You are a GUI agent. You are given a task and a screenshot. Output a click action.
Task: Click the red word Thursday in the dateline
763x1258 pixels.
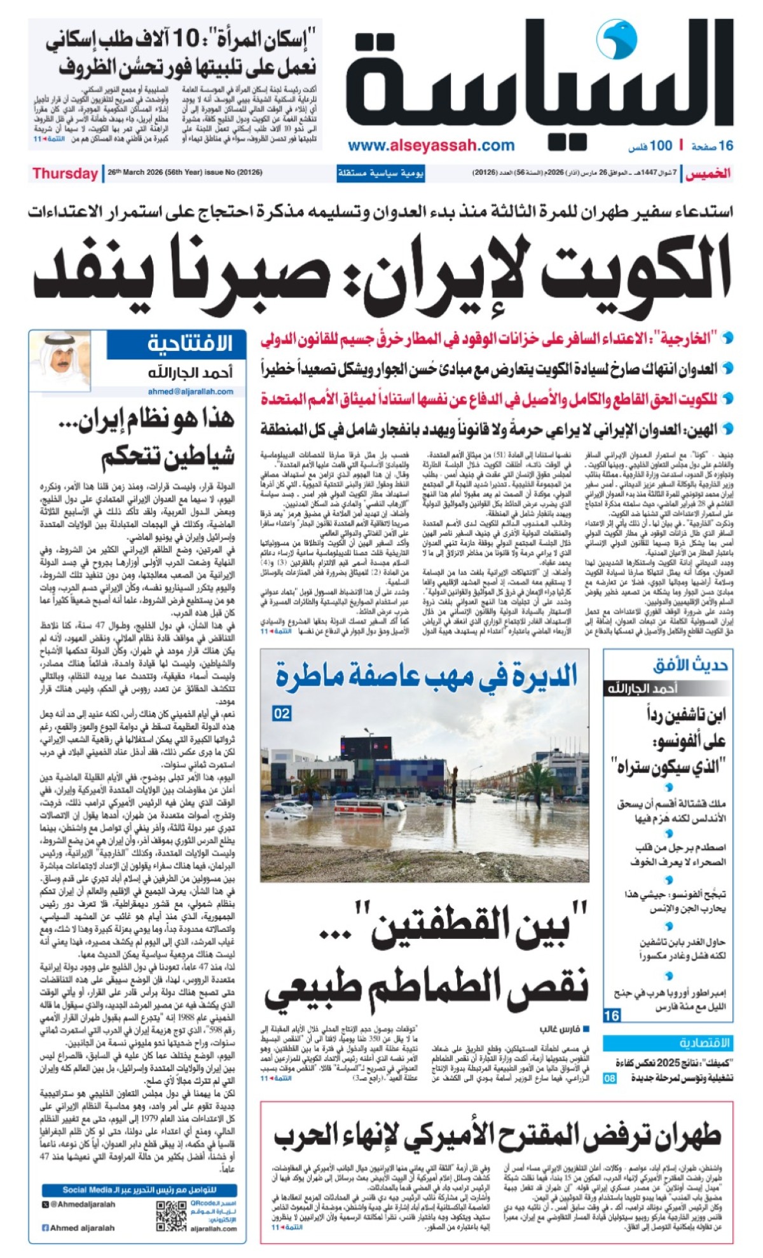65,174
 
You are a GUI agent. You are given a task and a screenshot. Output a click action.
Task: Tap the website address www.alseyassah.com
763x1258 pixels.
431,146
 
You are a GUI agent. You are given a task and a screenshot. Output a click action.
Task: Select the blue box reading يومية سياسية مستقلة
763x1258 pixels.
381,174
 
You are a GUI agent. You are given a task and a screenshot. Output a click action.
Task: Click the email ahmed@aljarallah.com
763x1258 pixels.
190,392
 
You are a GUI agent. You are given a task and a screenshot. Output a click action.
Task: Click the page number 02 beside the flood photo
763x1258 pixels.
282,714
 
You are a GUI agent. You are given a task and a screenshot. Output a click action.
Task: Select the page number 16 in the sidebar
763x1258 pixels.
611,1015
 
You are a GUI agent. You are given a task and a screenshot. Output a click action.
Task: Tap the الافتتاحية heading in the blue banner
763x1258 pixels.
189,344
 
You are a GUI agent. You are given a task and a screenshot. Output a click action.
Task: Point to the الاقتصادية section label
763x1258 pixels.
705,1043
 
